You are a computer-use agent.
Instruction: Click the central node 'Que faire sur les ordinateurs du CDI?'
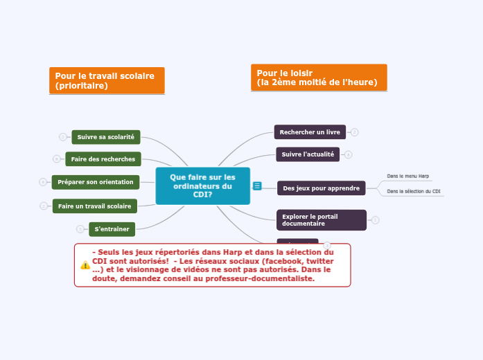point(202,186)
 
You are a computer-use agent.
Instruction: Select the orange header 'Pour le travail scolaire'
point(107,80)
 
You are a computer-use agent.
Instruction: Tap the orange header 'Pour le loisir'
point(318,78)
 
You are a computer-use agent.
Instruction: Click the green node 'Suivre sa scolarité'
point(106,137)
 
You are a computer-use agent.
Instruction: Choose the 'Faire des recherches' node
point(103,159)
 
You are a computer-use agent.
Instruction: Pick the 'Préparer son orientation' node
point(96,182)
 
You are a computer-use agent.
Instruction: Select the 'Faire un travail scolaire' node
point(94,206)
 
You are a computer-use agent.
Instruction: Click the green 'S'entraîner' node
point(112,228)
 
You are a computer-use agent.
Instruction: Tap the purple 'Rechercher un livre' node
point(310,132)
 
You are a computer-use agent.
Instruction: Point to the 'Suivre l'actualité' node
point(308,154)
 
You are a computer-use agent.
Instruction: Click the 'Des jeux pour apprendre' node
point(322,188)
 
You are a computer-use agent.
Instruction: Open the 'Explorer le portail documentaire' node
point(321,220)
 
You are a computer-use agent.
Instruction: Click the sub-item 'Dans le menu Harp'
point(407,177)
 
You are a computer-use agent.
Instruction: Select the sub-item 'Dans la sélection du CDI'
point(414,191)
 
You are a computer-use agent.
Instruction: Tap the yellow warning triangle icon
point(85,265)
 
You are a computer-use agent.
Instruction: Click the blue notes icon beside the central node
point(257,186)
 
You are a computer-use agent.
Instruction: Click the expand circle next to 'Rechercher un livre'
point(355,132)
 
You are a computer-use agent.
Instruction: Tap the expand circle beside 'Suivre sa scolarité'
point(62,137)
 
